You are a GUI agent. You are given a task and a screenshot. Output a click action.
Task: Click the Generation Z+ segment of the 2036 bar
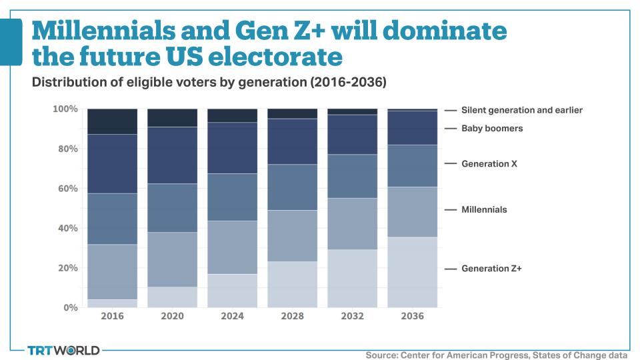(x=412, y=272)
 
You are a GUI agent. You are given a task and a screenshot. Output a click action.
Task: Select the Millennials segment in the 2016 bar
(x=112, y=272)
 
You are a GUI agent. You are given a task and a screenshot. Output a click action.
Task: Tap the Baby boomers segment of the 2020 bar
(x=172, y=155)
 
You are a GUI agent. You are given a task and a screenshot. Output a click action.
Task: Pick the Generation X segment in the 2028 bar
(x=292, y=187)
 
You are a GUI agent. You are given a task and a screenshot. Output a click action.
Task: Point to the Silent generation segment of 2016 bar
(x=112, y=121)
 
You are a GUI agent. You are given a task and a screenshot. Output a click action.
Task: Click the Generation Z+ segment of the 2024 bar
(x=232, y=291)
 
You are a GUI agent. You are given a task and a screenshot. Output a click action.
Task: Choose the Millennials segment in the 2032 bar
(x=352, y=224)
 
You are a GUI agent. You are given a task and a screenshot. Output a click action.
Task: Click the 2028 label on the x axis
(x=292, y=317)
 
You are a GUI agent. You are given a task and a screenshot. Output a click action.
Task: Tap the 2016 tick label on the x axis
(x=112, y=317)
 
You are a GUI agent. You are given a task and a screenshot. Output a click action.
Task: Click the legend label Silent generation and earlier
(x=522, y=110)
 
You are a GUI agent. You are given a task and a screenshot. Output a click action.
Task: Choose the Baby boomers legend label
(x=492, y=128)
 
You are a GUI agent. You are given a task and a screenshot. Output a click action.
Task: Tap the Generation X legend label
(x=489, y=163)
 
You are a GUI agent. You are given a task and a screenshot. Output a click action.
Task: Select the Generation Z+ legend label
(x=491, y=269)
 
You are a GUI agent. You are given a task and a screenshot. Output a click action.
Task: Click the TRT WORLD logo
(x=63, y=350)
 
